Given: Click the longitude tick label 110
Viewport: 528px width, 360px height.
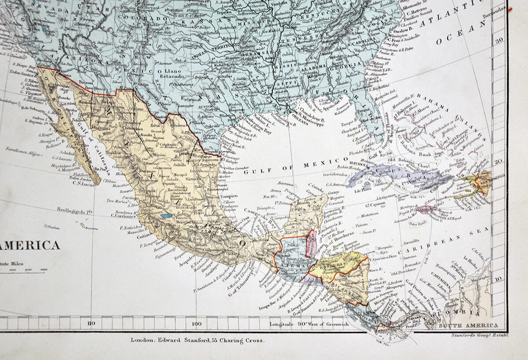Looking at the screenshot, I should [x=91, y=324].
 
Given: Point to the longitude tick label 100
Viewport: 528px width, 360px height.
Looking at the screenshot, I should [x=197, y=324].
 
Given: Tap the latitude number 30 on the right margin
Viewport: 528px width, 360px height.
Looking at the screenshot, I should [x=499, y=41].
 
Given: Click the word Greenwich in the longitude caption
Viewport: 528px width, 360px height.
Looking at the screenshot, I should [x=333, y=324].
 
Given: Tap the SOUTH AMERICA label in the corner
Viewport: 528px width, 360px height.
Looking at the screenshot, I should [x=468, y=326].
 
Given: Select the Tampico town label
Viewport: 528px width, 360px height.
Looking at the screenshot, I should [x=228, y=196].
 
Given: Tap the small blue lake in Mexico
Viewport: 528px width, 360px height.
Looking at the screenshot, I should [x=166, y=216].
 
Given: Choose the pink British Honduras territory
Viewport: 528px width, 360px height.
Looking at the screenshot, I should [x=311, y=243].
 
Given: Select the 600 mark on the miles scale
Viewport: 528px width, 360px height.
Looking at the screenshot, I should [x=43, y=270].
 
